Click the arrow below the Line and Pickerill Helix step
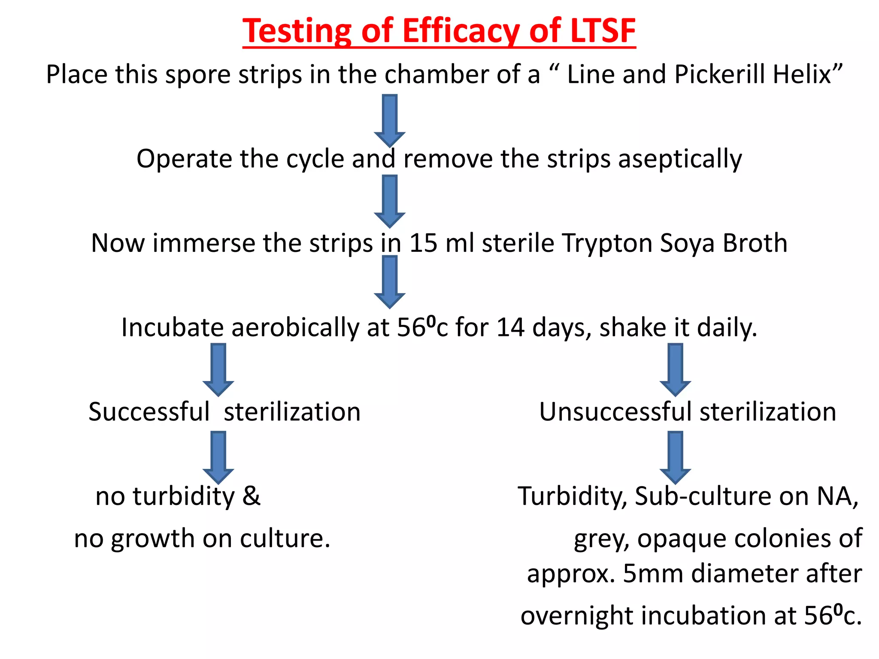tap(389, 120)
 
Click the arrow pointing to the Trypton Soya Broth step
tap(389, 201)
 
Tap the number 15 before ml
tap(423, 243)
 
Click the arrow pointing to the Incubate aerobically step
tap(389, 281)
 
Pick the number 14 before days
tap(510, 328)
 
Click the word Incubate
tap(173, 328)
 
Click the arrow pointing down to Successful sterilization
tap(218, 369)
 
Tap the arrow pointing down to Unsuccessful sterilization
tap(675, 369)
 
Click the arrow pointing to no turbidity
tap(218, 457)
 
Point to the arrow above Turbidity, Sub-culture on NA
tap(675, 457)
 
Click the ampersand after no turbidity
tap(252, 496)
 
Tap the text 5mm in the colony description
tap(652, 574)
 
